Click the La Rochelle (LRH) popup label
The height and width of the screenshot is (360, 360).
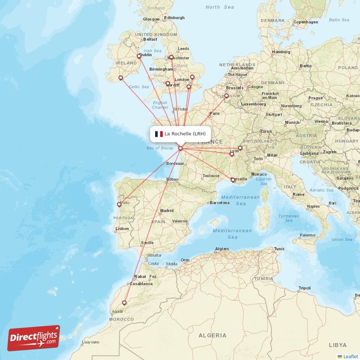(185, 134)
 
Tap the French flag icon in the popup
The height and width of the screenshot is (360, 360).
(159, 134)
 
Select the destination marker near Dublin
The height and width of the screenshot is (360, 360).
(139, 56)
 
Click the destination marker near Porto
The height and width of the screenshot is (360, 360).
(119, 204)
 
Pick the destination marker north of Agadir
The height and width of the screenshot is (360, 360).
(124, 303)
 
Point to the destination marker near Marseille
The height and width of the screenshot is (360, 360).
(233, 180)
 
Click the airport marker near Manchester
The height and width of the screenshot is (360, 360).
(171, 57)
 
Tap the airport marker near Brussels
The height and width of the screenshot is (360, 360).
(226, 96)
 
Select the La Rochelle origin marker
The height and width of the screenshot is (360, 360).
(180, 148)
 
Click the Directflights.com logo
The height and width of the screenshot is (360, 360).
(34, 338)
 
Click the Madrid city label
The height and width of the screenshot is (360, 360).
(167, 210)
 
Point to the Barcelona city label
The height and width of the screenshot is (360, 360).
(220, 203)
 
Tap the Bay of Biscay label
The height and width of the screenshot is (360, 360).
(160, 148)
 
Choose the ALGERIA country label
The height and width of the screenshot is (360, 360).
(212, 335)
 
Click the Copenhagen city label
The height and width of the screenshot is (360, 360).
(306, 22)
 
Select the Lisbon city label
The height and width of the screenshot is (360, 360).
(122, 229)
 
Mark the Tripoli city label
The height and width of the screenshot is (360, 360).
(305, 288)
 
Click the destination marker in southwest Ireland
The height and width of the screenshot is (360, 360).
(121, 78)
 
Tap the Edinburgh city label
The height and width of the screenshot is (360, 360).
(174, 18)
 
